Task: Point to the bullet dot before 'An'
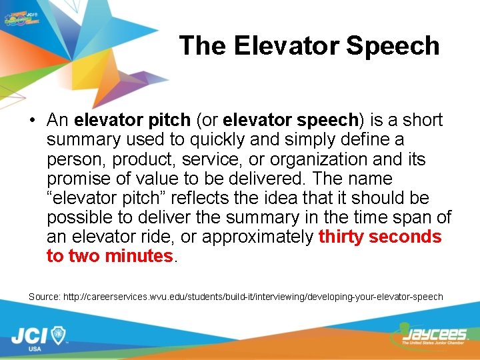[33, 121]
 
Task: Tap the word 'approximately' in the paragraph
[257, 237]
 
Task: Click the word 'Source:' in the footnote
[44, 296]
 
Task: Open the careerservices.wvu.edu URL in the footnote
[253, 296]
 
